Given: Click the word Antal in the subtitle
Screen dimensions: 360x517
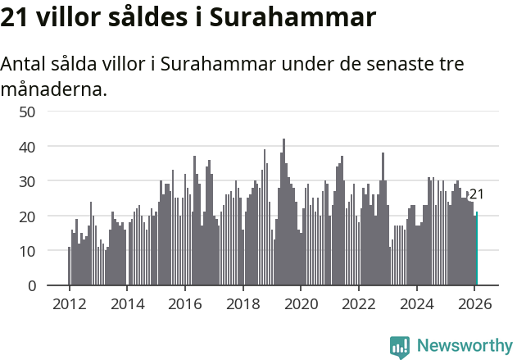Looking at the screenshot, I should (x=23, y=64).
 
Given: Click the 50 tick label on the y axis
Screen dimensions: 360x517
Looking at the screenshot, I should (x=27, y=112).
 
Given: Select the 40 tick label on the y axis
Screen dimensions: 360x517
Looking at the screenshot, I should (x=27, y=146).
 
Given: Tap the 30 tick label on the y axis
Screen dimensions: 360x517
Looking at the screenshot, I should (x=27, y=181).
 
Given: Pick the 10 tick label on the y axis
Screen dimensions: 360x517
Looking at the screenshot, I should (x=27, y=251).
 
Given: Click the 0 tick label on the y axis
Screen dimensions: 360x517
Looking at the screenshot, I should (x=32, y=285).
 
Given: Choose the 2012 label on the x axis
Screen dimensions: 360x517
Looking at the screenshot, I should (x=69, y=303).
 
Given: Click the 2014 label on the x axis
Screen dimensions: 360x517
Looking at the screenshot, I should (x=127, y=303).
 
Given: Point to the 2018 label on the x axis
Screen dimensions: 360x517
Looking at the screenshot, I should (x=243, y=303).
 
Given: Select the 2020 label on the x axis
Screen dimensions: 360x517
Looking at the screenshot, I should (x=301, y=303).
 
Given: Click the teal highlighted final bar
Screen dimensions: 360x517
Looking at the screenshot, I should (x=477, y=249).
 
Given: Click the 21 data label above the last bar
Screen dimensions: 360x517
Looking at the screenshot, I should (x=476, y=194).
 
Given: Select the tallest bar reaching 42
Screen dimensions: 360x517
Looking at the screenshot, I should (x=283, y=213).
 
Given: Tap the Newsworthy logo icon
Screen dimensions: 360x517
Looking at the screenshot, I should (x=400, y=346).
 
